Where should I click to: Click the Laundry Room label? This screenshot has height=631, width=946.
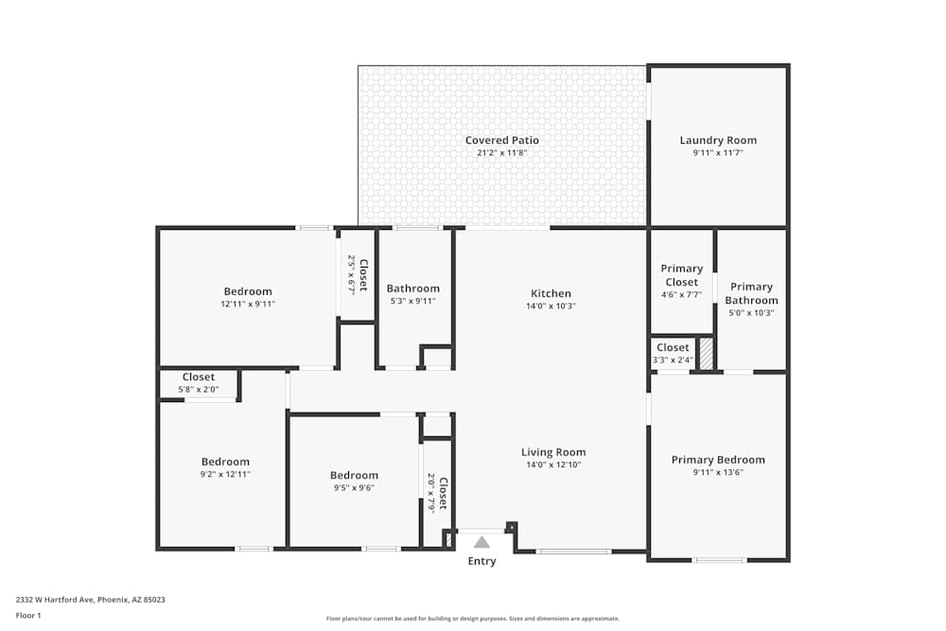(x=718, y=140)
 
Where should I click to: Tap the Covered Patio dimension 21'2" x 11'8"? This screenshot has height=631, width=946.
(x=502, y=152)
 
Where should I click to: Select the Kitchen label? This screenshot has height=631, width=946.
(x=551, y=293)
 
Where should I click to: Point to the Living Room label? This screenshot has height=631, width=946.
(x=553, y=452)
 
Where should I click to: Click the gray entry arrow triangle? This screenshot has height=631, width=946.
(x=482, y=542)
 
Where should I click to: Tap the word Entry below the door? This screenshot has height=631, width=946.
(x=482, y=561)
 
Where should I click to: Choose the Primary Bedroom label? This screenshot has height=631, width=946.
(x=718, y=460)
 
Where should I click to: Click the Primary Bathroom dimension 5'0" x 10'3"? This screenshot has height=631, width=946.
(x=751, y=312)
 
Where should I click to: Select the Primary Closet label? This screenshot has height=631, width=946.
(x=682, y=275)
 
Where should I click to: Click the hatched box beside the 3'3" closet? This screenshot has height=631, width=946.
(x=706, y=354)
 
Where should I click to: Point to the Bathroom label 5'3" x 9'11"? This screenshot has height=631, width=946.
(x=413, y=289)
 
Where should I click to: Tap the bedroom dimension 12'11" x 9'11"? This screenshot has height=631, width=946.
(x=248, y=304)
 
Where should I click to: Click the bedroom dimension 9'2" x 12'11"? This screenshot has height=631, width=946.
(x=225, y=474)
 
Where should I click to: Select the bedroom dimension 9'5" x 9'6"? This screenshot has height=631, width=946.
(x=354, y=487)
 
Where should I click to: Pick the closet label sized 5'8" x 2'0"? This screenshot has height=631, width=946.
(x=199, y=377)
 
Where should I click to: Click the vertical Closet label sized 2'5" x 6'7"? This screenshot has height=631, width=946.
(x=363, y=275)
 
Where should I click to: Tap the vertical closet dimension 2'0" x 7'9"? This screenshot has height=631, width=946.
(x=431, y=492)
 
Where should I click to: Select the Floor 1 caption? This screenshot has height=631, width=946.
(x=28, y=615)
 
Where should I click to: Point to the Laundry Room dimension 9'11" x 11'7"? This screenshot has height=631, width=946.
(x=718, y=152)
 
